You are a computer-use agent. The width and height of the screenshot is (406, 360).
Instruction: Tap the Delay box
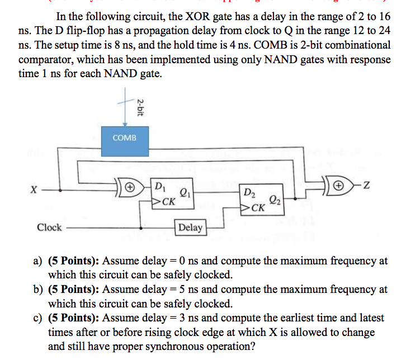pyautogui.click(x=191, y=227)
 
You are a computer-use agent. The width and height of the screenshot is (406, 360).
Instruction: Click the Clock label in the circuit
pyautogui.click(x=49, y=227)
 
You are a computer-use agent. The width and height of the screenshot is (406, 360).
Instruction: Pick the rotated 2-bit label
pyautogui.click(x=140, y=106)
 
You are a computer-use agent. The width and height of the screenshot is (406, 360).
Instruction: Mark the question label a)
pyautogui.click(x=38, y=260)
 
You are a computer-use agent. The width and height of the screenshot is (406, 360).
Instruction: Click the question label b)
pyautogui.click(x=38, y=290)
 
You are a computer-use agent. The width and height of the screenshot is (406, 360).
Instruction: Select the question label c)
pyautogui.click(x=38, y=318)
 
